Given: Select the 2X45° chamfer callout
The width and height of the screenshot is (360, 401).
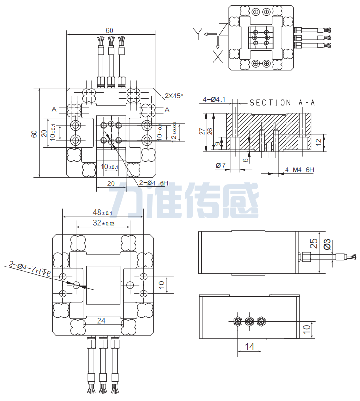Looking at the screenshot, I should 174,96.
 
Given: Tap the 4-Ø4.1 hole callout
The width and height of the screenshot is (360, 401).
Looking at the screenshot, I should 214,99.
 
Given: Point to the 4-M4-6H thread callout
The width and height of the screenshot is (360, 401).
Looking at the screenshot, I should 299,170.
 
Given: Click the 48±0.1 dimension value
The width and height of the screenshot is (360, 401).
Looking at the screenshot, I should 102,213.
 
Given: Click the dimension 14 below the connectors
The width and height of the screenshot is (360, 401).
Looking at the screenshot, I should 249,346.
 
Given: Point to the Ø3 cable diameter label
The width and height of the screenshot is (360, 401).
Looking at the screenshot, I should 327,244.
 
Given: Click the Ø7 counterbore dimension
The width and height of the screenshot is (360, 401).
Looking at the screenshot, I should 221,165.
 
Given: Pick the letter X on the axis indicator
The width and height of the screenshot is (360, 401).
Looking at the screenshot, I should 217,57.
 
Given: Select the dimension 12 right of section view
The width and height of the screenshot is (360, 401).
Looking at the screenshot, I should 331,142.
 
